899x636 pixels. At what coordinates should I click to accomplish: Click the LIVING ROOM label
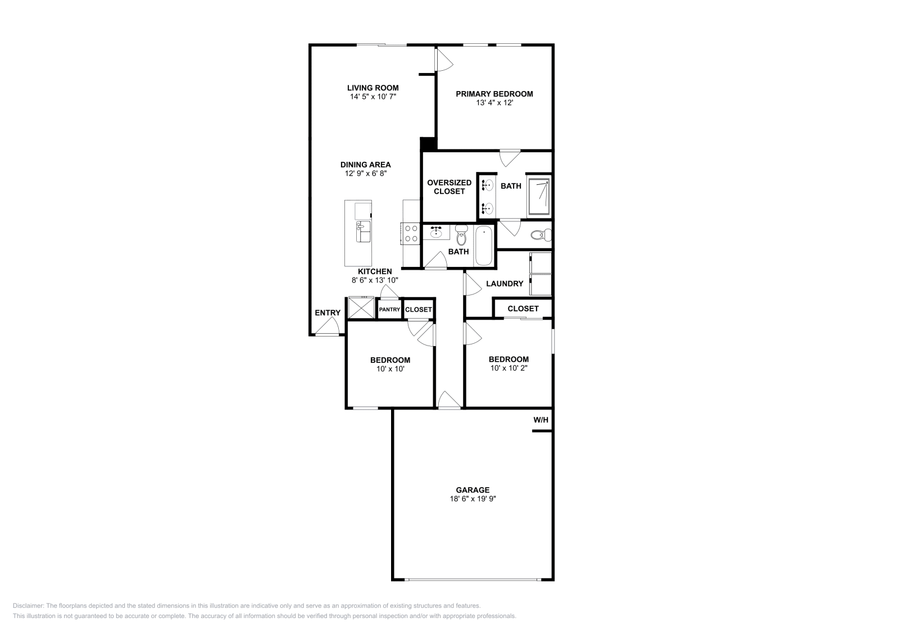373,88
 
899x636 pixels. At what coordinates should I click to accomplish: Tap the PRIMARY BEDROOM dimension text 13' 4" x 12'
494,103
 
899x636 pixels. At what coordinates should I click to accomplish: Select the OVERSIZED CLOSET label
449,187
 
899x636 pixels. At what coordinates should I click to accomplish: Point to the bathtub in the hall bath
484,246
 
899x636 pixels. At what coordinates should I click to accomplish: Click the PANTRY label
389,310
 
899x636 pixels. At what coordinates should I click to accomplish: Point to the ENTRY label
328,313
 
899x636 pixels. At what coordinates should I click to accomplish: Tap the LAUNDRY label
504,284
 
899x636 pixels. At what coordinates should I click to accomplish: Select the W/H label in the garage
541,420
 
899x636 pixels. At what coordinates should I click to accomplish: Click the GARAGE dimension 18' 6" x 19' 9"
472,498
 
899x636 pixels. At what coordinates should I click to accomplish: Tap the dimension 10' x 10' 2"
508,369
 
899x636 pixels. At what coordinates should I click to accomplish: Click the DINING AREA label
365,165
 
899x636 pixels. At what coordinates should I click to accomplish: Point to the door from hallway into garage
448,400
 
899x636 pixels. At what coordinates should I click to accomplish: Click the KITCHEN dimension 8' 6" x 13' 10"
375,280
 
